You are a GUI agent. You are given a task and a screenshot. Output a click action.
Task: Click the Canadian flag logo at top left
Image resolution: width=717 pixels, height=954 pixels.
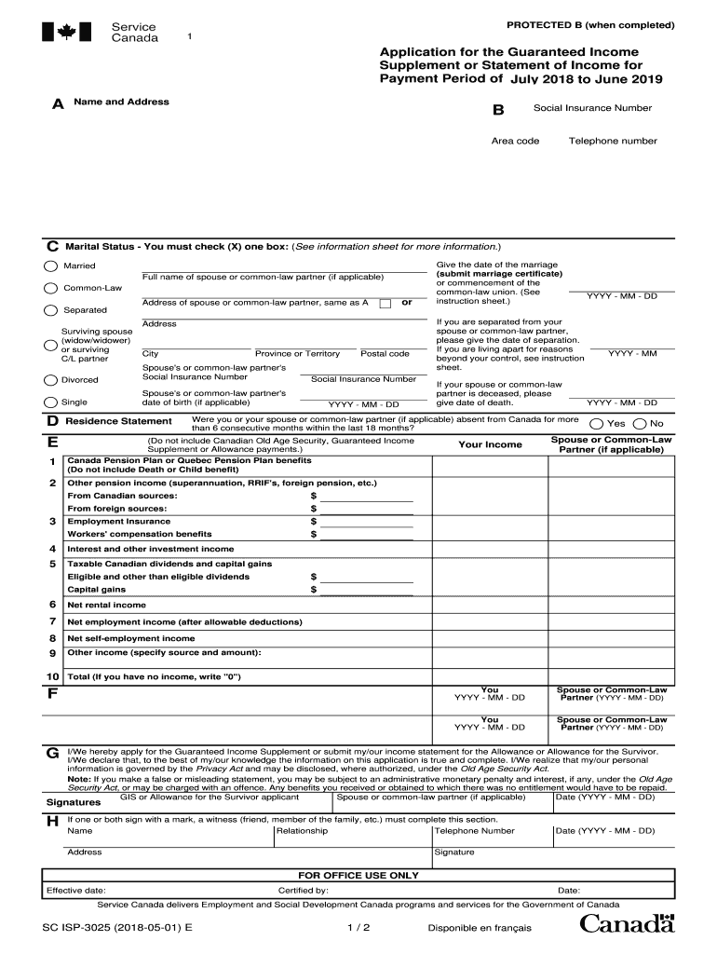[x=66, y=33]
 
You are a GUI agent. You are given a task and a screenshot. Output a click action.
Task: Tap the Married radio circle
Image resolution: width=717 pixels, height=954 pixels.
[x=51, y=266]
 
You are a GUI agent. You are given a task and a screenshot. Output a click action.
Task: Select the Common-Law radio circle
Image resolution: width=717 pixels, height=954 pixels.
[x=51, y=287]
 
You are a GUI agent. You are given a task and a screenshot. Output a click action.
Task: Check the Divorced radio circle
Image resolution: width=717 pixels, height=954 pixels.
[x=51, y=380]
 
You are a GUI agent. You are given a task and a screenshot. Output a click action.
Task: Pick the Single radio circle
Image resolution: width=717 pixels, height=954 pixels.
[x=51, y=402]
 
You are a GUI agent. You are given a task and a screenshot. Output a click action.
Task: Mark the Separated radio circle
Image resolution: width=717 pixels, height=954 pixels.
[x=51, y=310]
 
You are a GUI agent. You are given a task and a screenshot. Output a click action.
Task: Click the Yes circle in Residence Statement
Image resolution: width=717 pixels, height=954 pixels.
[x=598, y=423]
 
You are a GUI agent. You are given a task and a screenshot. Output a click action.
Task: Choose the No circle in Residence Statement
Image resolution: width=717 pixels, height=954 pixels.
[x=640, y=423]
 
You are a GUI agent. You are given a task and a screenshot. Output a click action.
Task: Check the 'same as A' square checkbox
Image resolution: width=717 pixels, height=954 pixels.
[x=385, y=304]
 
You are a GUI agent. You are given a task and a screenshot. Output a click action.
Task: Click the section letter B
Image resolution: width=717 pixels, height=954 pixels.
[x=498, y=111]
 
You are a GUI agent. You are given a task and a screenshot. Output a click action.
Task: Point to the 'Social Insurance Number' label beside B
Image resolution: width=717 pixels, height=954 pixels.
[x=592, y=108]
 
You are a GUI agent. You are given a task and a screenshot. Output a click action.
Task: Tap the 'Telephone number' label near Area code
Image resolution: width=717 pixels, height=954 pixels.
[x=613, y=142]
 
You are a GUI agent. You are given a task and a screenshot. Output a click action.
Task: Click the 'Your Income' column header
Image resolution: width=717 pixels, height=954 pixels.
[x=490, y=444]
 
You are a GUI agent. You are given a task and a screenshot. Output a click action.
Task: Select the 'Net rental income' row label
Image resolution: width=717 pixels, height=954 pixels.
[x=106, y=605]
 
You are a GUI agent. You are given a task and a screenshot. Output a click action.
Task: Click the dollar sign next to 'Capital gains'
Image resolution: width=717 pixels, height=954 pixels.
[x=314, y=590]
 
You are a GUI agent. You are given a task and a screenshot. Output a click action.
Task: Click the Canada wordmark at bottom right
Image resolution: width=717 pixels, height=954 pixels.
[x=627, y=924]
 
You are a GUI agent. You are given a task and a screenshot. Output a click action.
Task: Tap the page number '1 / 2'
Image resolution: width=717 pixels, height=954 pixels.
[x=358, y=928]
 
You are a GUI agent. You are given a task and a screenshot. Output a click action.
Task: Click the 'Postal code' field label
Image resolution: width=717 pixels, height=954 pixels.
[x=385, y=354]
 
